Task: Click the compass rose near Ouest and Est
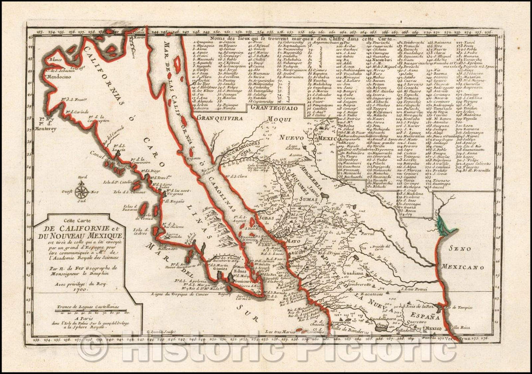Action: (x=83, y=190)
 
